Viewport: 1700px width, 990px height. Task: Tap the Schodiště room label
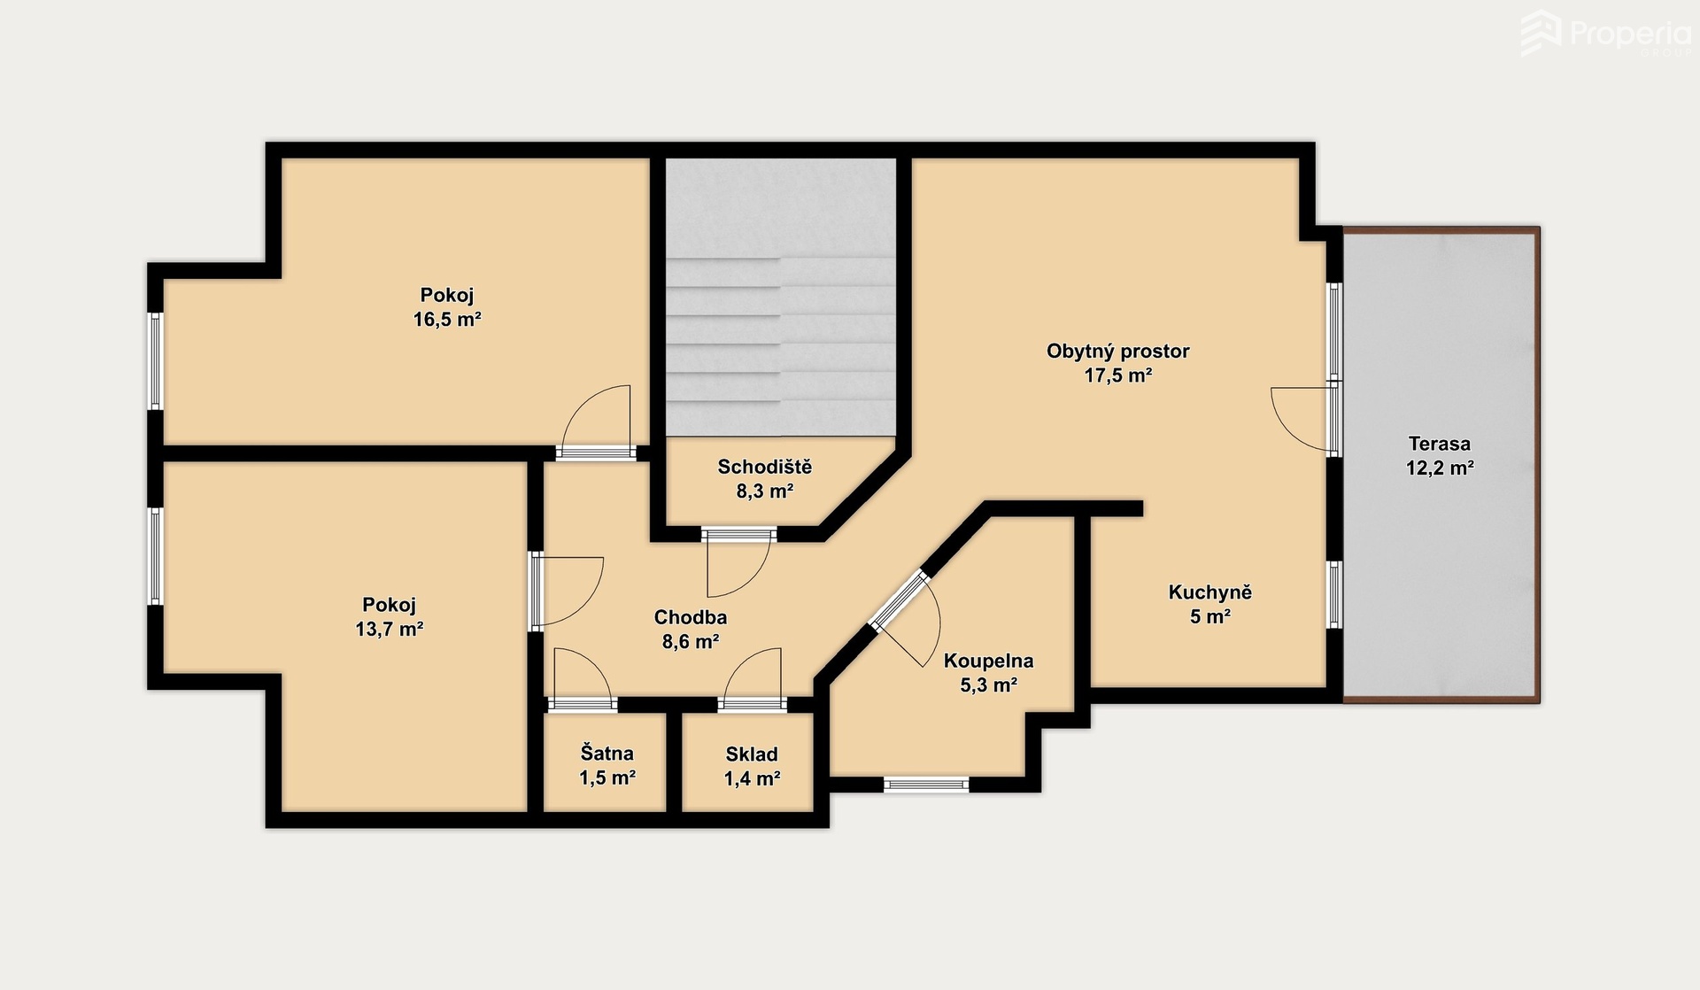tap(764, 467)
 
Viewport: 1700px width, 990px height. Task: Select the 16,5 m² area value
tap(447, 320)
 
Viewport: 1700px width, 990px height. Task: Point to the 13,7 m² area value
tap(389, 630)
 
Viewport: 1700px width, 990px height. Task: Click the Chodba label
tap(691, 617)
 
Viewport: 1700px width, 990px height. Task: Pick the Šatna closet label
tap(607, 754)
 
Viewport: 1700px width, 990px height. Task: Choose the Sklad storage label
tap(752, 754)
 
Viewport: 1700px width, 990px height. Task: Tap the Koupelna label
tap(988, 661)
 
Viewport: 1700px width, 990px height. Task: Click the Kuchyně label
tap(1210, 592)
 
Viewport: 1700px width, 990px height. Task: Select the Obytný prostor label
tap(1118, 352)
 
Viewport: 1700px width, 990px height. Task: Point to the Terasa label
tap(1440, 444)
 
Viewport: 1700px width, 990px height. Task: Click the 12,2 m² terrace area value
tap(1440, 468)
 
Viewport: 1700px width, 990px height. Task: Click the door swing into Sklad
tap(752, 677)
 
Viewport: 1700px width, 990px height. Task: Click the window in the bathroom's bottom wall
tap(926, 784)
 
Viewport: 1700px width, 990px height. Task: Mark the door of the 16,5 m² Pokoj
tap(597, 422)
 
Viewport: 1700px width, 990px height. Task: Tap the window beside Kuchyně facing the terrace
tap(1334, 594)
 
